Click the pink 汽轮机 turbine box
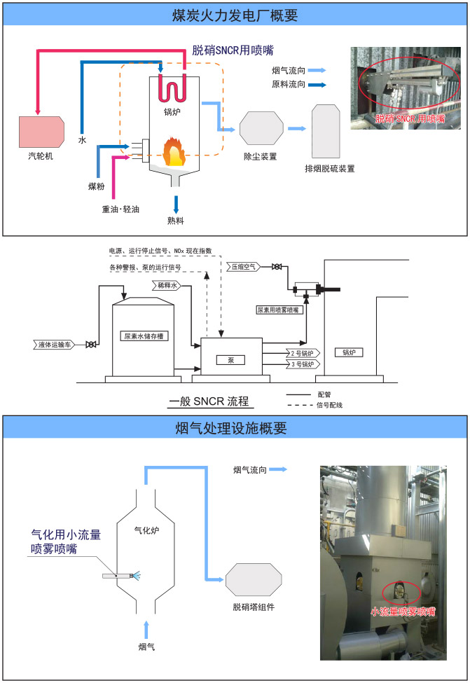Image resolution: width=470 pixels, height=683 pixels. (41, 131)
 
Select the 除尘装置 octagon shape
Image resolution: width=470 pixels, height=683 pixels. (261, 128)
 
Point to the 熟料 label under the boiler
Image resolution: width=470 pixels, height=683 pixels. (175, 221)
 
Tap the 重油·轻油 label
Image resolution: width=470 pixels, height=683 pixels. (121, 209)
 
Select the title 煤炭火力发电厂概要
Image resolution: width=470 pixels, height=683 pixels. (235, 14)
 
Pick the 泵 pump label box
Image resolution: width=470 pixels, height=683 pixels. (231, 359)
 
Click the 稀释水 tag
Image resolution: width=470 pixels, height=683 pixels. (165, 285)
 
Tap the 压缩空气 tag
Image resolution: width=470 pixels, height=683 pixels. (245, 266)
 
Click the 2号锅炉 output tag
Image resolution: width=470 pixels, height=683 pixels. (301, 353)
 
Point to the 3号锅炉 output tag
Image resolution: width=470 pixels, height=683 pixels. (301, 364)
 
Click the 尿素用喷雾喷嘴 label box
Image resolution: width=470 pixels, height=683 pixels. (279, 309)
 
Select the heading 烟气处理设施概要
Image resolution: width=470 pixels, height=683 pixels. (235, 427)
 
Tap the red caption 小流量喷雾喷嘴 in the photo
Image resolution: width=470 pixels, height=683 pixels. (403, 611)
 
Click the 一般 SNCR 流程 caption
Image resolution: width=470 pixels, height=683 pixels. (209, 402)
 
